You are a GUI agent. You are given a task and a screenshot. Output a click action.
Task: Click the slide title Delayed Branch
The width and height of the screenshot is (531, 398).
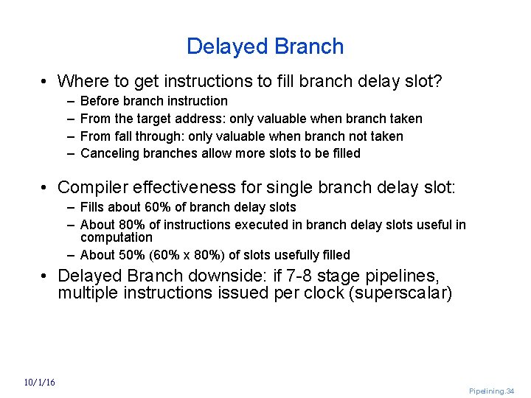pyautogui.click(x=265, y=46)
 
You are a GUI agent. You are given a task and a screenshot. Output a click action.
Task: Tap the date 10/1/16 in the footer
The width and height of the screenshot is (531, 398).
pyautogui.click(x=39, y=382)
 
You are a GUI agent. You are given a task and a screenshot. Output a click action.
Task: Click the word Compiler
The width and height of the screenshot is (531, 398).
pyautogui.click(x=91, y=188)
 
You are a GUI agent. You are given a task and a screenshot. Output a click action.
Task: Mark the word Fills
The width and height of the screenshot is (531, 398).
pyautogui.click(x=93, y=207)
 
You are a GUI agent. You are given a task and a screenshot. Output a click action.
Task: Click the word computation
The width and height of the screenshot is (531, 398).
pyautogui.click(x=116, y=237)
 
